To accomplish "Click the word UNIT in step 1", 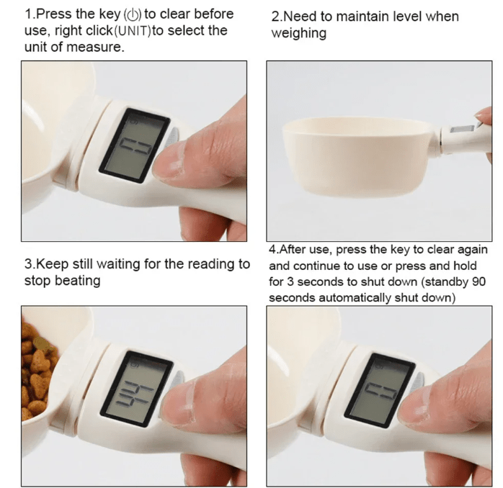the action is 132,31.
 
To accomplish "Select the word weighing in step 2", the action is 298,34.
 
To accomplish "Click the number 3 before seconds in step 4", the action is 290,282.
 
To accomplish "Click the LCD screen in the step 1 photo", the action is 135,146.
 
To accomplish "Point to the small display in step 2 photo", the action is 463,129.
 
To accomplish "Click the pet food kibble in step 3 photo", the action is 36,368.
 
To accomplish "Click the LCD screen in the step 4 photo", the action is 380,390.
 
